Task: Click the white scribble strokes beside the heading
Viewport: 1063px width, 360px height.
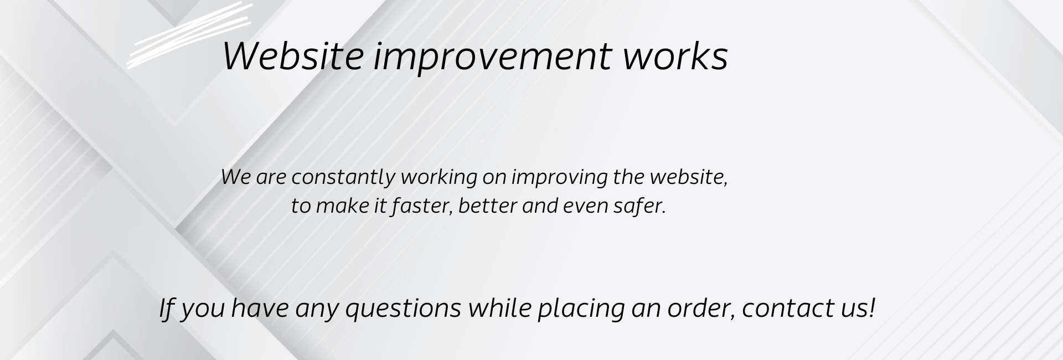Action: pyautogui.click(x=190, y=35)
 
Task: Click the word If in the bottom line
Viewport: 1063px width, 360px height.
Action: pyautogui.click(x=167, y=308)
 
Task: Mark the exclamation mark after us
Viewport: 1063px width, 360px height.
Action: pyautogui.click(x=872, y=307)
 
